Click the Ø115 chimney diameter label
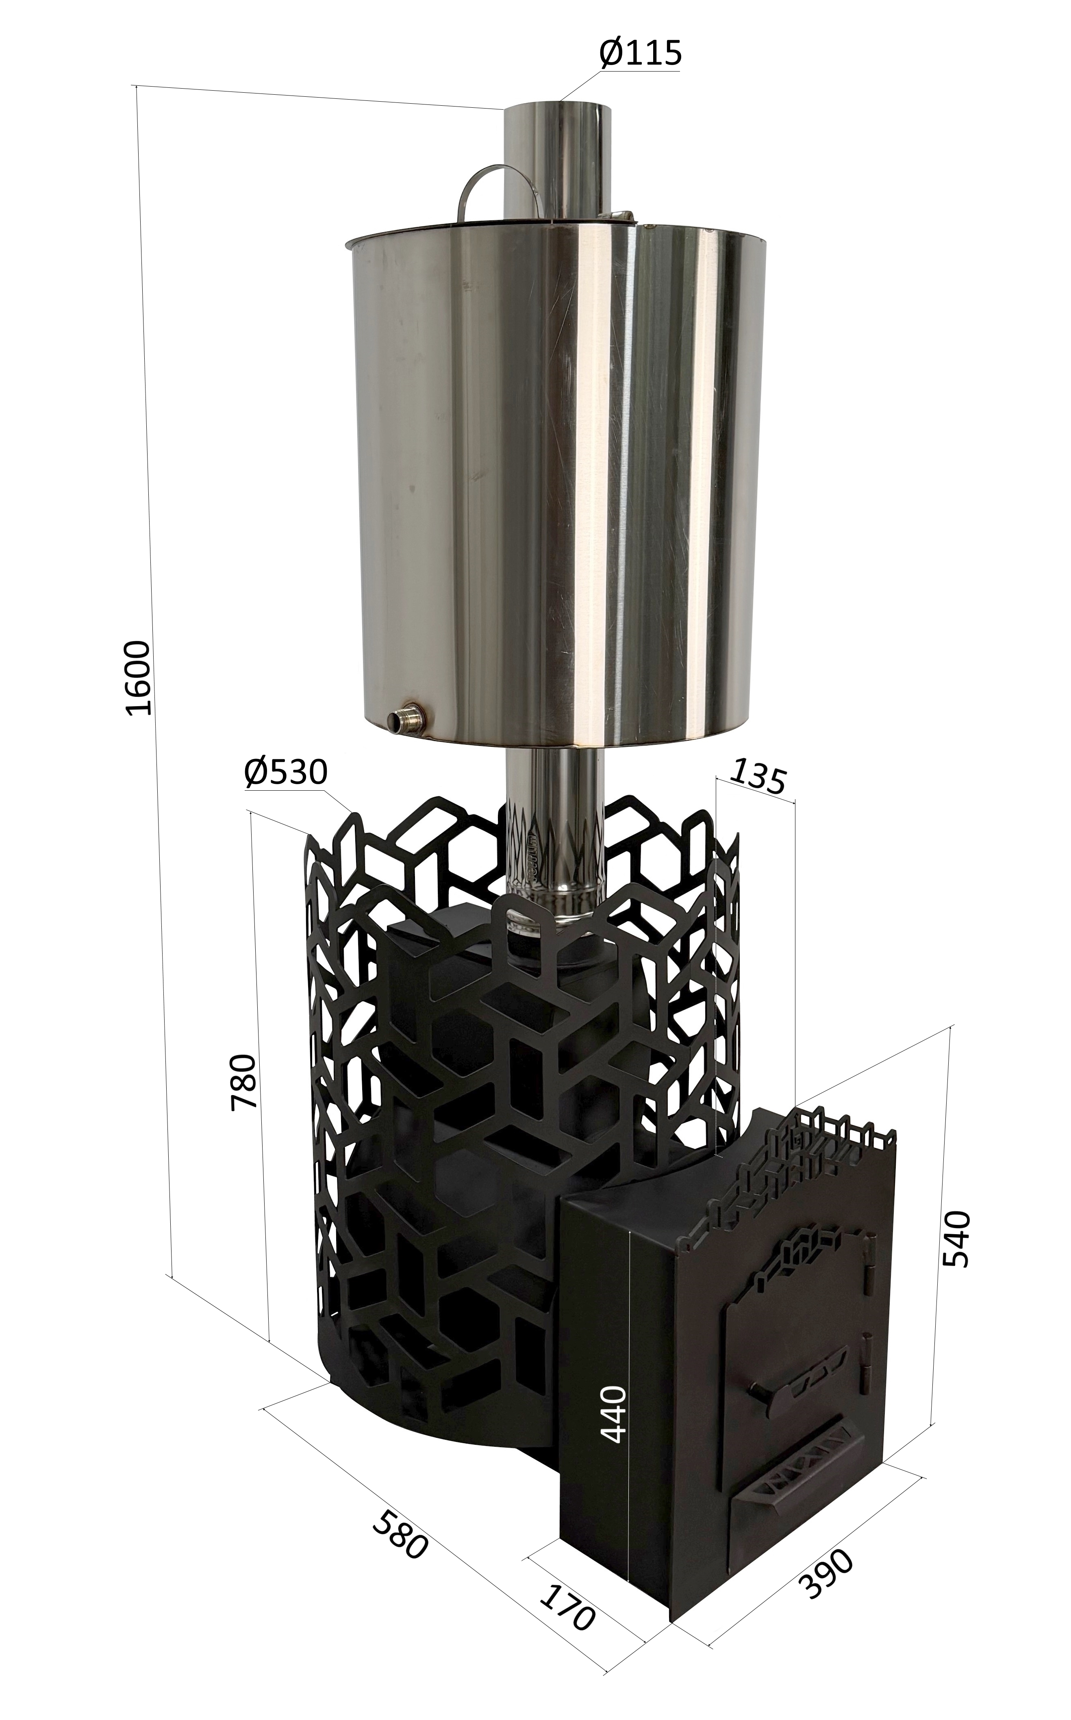[640, 53]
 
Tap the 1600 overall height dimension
[137, 678]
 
